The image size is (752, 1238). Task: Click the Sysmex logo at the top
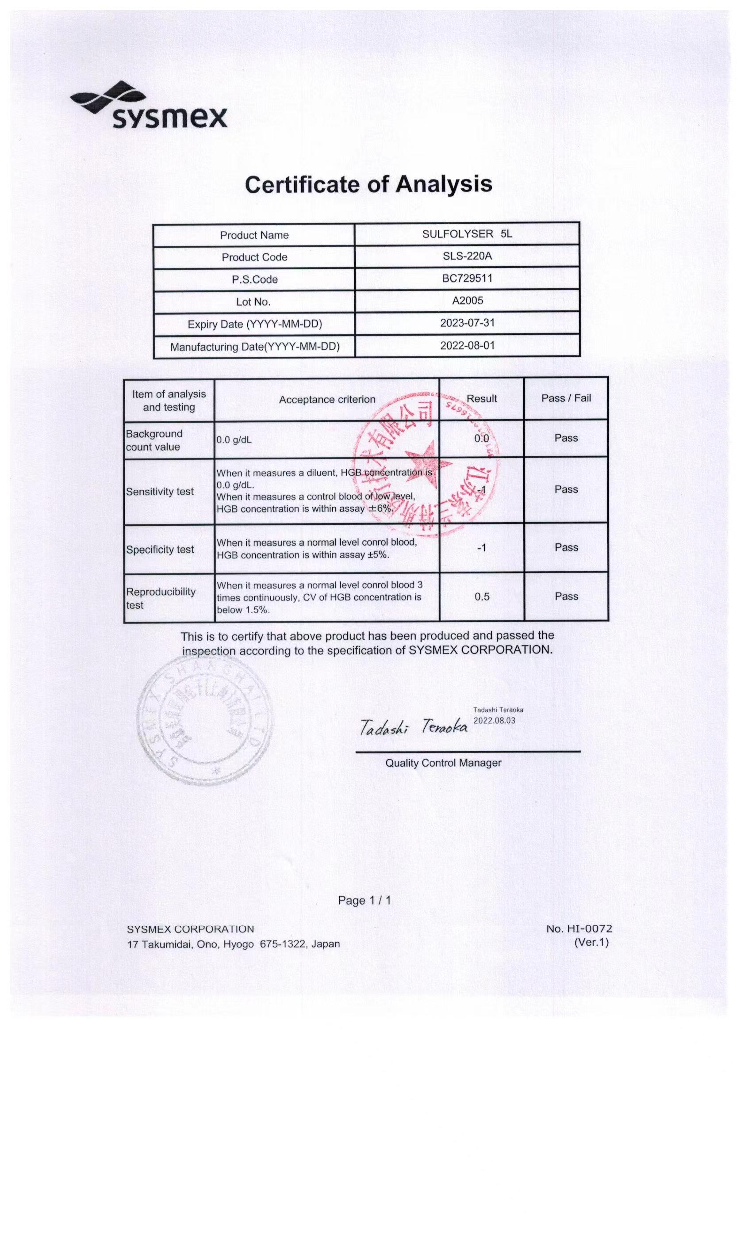pyautogui.click(x=149, y=106)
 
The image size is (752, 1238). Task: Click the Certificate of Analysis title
pyautogui.click(x=368, y=184)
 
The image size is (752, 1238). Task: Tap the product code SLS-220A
pyautogui.click(x=467, y=256)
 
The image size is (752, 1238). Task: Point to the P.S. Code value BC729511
pyautogui.click(x=467, y=279)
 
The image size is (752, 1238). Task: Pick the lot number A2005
pyautogui.click(x=467, y=301)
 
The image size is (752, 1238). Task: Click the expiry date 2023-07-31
pyautogui.click(x=467, y=323)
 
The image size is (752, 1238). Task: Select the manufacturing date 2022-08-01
pyautogui.click(x=467, y=346)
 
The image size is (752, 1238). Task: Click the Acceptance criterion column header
pyautogui.click(x=327, y=399)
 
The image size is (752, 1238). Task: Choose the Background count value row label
pyautogui.click(x=154, y=440)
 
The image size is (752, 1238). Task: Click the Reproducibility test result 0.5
pyautogui.click(x=482, y=596)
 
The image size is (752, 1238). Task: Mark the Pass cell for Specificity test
pyautogui.click(x=566, y=547)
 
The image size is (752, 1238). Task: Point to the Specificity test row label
pyautogui.click(x=160, y=549)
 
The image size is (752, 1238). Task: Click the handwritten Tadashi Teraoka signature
pyautogui.click(x=413, y=726)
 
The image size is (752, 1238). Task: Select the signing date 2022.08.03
pyautogui.click(x=494, y=721)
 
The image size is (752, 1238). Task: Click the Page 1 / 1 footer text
pyautogui.click(x=364, y=900)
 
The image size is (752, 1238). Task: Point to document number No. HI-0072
pyautogui.click(x=579, y=928)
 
